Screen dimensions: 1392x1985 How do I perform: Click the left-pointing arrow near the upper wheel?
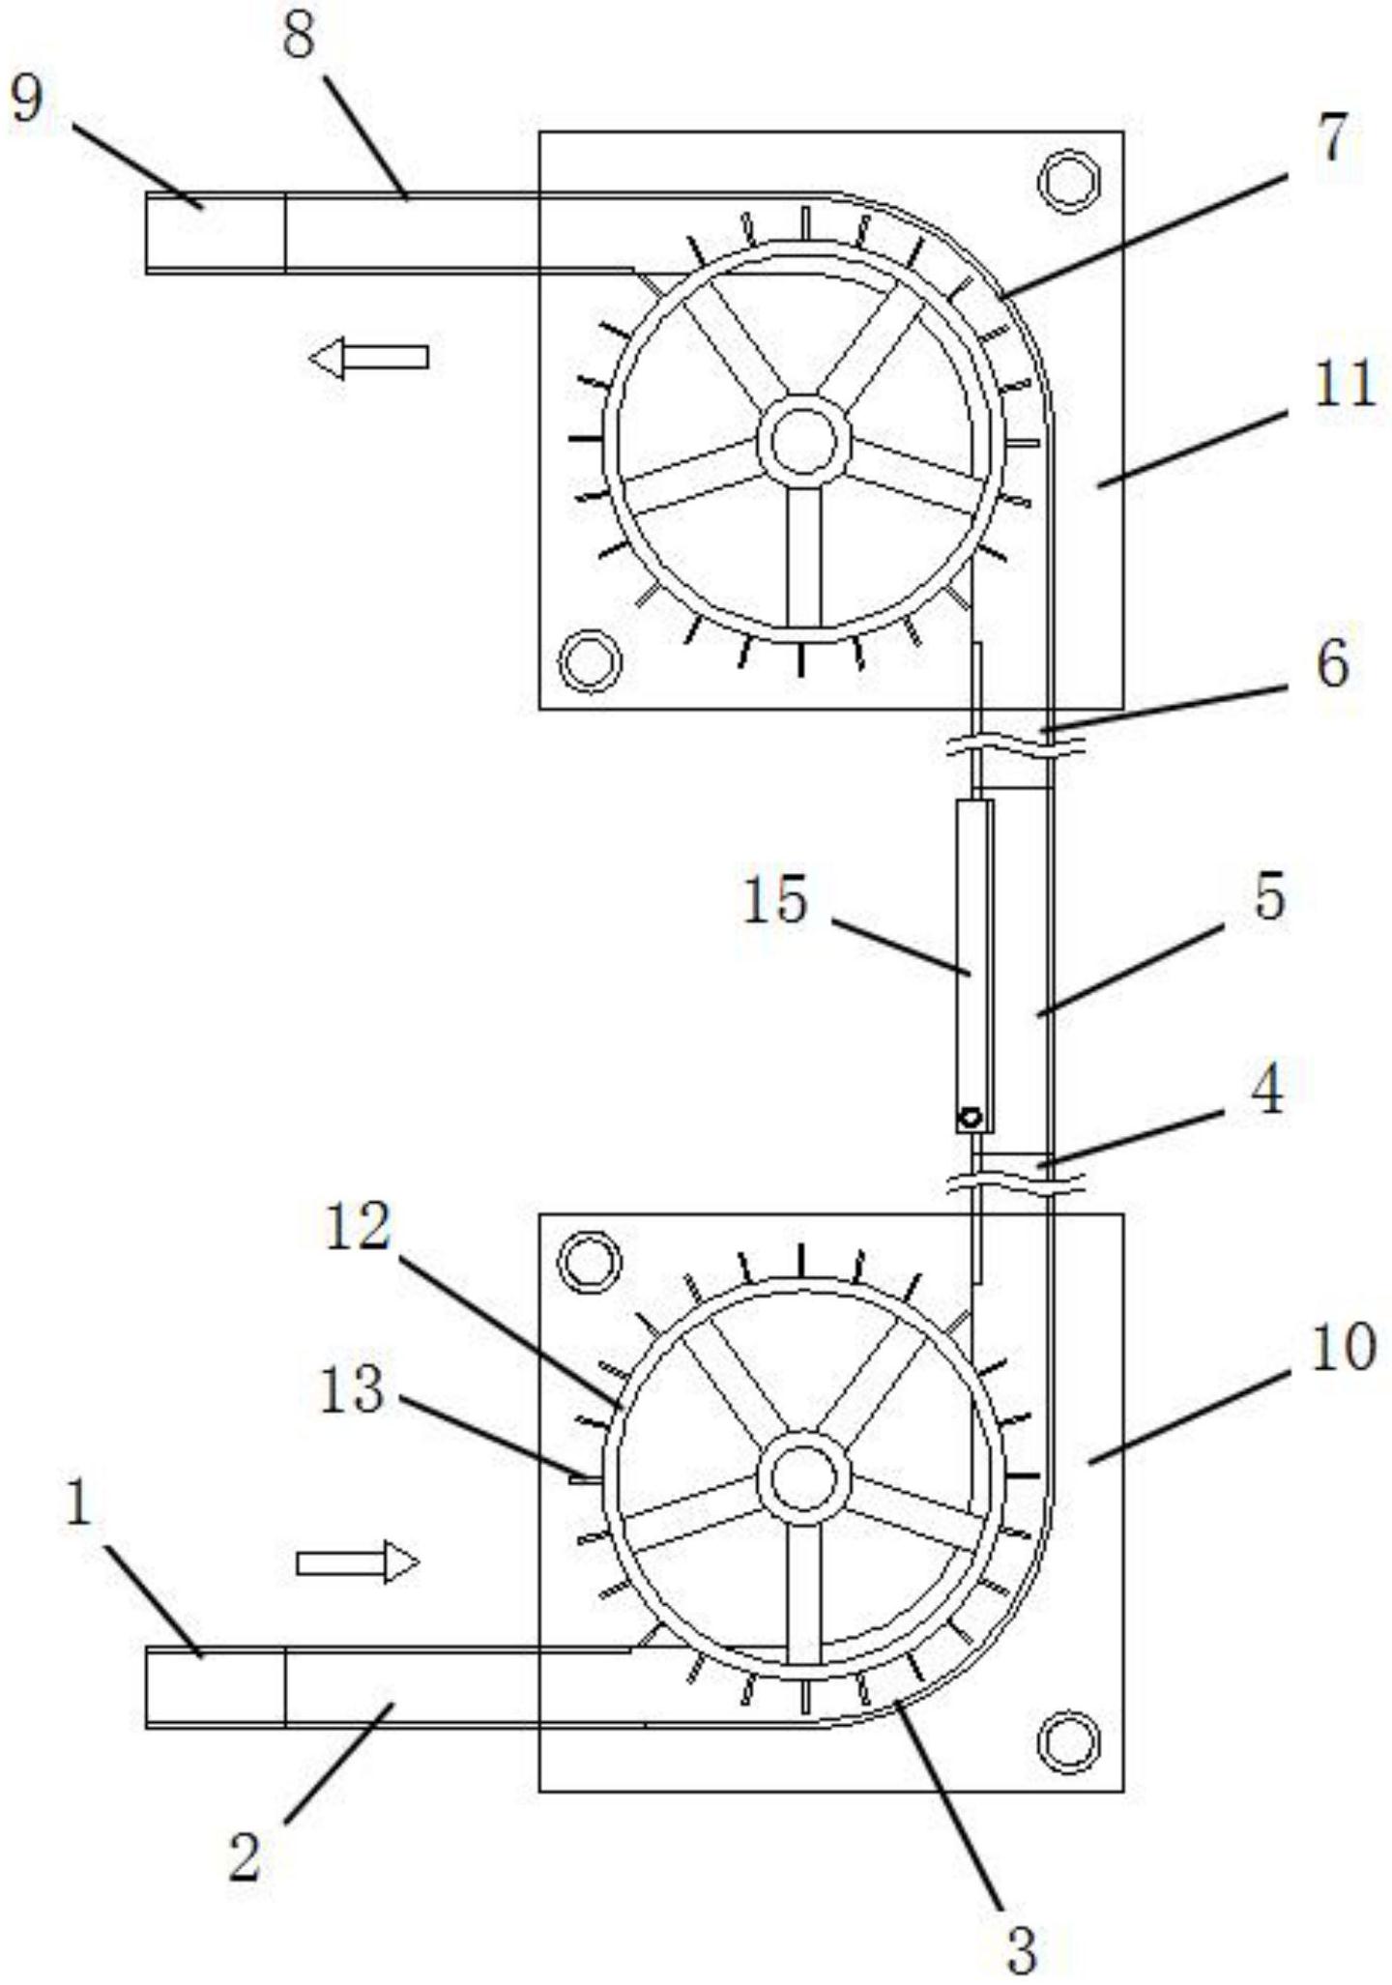point(368,358)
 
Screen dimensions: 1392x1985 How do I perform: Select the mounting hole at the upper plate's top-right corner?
point(1069,180)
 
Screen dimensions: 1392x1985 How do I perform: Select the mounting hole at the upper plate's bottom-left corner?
point(590,661)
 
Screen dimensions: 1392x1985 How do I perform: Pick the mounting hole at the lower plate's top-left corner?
point(590,1262)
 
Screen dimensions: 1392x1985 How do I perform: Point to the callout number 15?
point(775,900)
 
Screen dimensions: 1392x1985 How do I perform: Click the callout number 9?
point(27,99)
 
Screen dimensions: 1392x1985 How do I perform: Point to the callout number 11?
point(1344,384)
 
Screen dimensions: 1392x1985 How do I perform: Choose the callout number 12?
point(358,1228)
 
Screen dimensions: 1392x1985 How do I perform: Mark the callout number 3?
point(1022,1947)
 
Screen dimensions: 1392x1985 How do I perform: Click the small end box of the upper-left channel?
point(216,233)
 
